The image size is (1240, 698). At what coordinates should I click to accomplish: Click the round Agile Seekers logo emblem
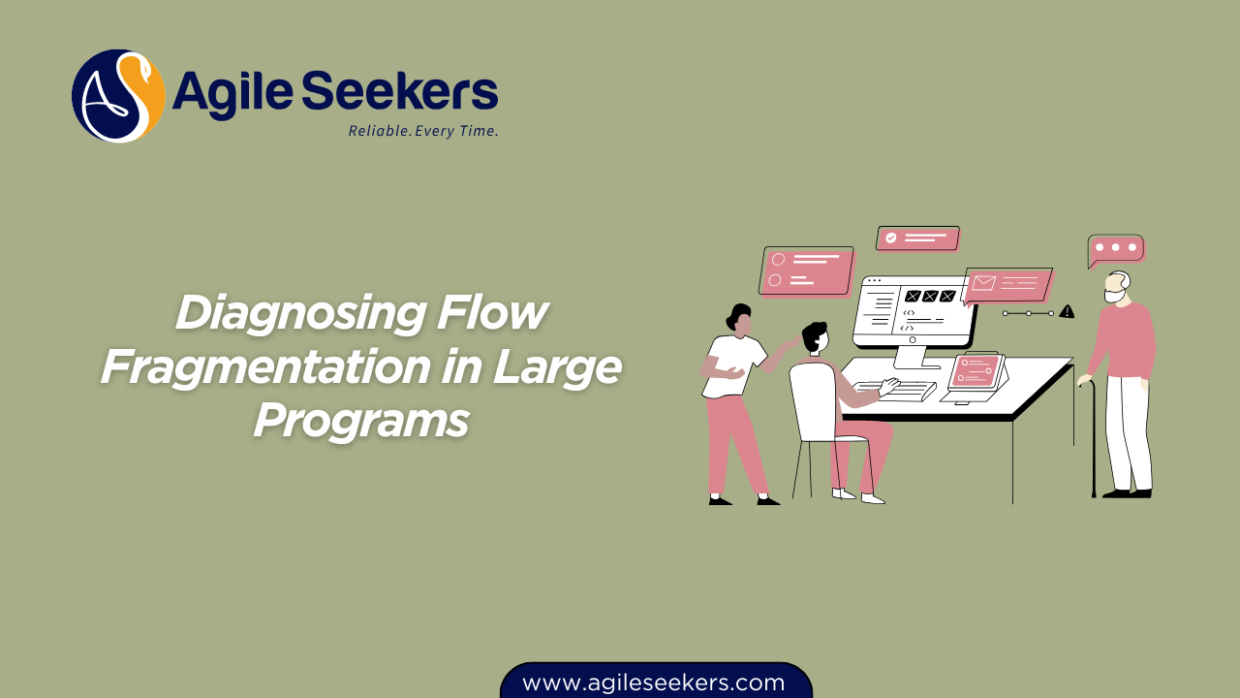pyautogui.click(x=118, y=96)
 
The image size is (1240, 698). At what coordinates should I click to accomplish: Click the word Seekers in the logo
pyautogui.click(x=400, y=91)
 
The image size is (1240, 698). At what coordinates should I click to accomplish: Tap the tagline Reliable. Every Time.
pyautogui.click(x=423, y=131)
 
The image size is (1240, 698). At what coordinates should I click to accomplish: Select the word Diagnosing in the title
pyautogui.click(x=300, y=314)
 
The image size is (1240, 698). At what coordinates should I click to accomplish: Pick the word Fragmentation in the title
pyautogui.click(x=265, y=367)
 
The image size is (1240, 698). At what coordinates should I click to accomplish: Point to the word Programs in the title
pyautogui.click(x=361, y=421)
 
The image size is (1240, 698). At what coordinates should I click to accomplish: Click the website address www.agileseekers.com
pyautogui.click(x=654, y=682)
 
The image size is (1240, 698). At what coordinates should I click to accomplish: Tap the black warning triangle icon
pyautogui.click(x=1067, y=312)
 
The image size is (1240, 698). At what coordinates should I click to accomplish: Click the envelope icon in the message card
pyautogui.click(x=983, y=283)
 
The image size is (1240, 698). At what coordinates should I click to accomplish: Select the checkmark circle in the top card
pyautogui.click(x=890, y=238)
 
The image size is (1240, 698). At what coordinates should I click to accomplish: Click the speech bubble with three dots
pyautogui.click(x=1115, y=250)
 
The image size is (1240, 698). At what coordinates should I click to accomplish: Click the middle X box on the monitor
pyautogui.click(x=930, y=297)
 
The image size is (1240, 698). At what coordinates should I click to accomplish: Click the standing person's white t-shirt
pyautogui.click(x=733, y=366)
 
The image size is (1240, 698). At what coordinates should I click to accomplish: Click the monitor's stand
pyautogui.click(x=913, y=358)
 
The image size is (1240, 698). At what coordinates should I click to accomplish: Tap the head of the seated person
pyautogui.click(x=815, y=337)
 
